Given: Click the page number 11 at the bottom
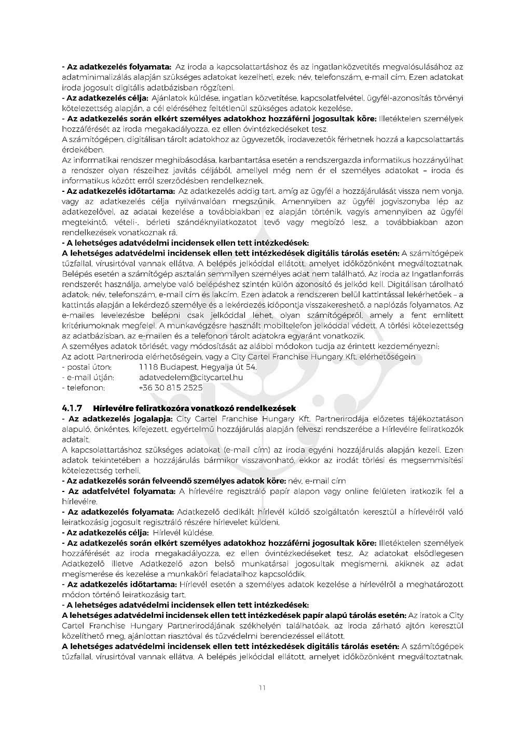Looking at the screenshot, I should (262, 688).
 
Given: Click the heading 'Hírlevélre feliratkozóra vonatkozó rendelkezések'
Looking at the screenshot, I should (198, 408).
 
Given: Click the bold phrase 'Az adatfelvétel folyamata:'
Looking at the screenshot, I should (121, 491).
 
